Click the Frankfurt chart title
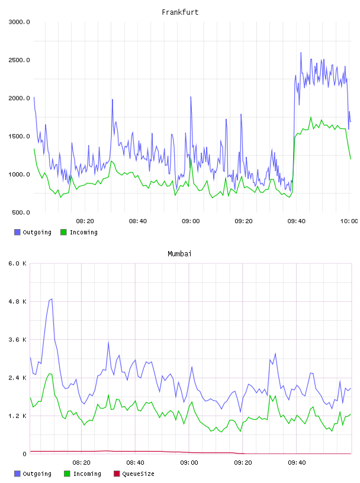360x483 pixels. [x=180, y=12]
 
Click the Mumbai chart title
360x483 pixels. [x=179, y=254]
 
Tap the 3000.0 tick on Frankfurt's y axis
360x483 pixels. [x=19, y=22]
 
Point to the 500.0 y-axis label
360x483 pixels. [x=21, y=212]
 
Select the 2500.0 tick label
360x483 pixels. [x=19, y=60]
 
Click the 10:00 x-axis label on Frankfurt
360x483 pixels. [x=349, y=221]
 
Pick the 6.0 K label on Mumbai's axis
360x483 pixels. [x=17, y=263]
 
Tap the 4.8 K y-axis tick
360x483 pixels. [x=17, y=301]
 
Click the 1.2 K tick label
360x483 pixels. [x=17, y=416]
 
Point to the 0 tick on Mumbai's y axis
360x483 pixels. [x=24, y=454]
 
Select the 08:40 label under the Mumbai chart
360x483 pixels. [x=136, y=463]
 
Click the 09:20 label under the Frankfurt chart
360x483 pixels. [x=243, y=221]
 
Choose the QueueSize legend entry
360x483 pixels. [x=134, y=474]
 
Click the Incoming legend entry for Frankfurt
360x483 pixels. [x=79, y=232]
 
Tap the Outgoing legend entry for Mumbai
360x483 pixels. [x=33, y=474]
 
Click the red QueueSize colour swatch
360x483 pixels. [x=117, y=474]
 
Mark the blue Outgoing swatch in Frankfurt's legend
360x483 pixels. [x=17, y=232]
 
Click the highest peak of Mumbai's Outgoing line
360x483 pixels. [x=52, y=299]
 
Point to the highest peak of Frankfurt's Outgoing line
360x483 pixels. [x=301, y=53]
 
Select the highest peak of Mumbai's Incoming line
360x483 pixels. [x=49, y=373]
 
